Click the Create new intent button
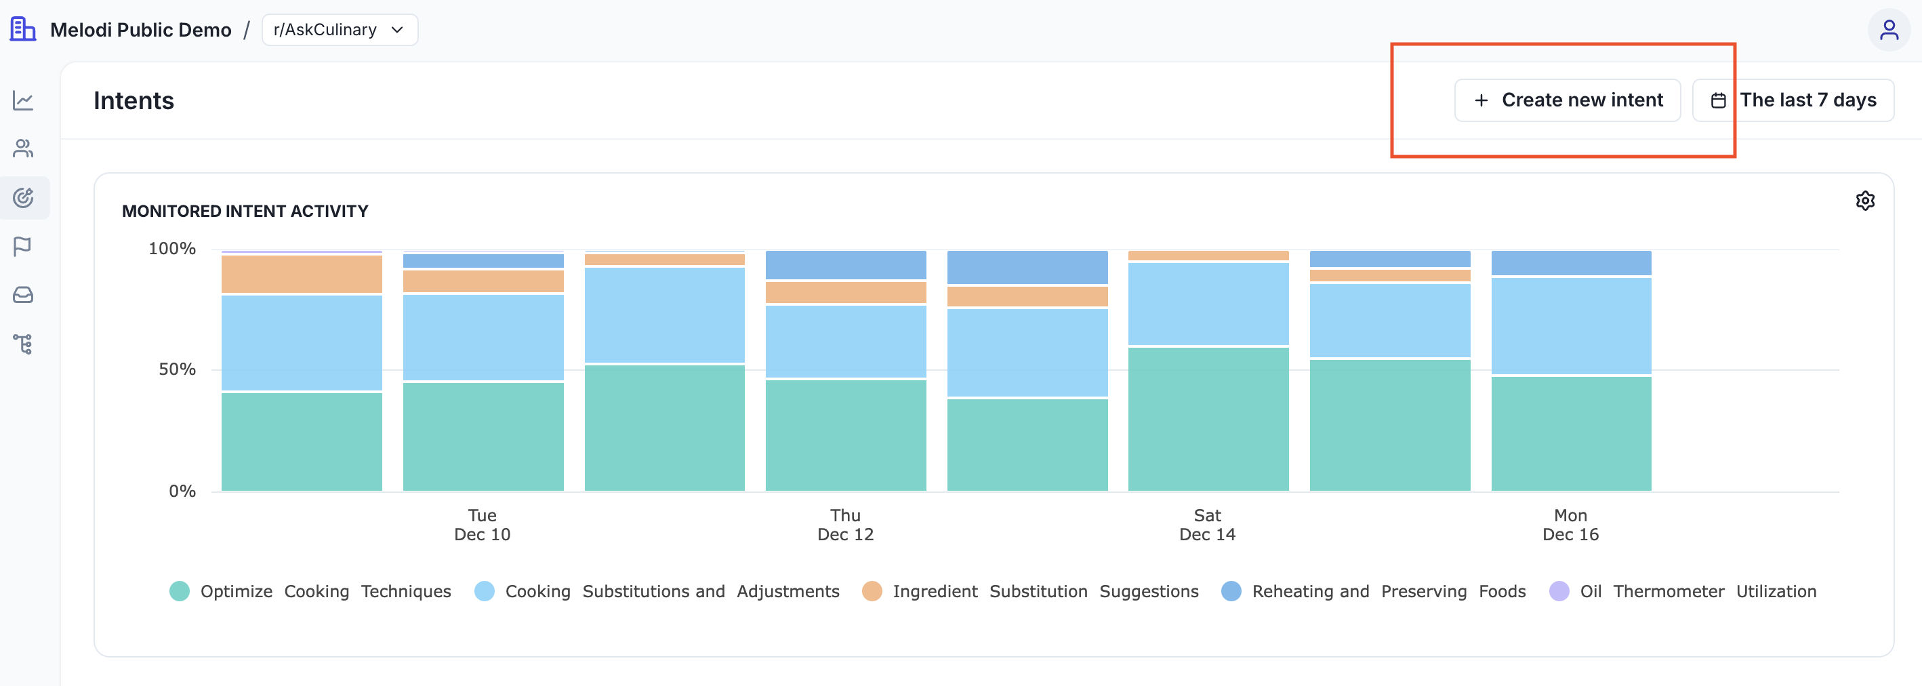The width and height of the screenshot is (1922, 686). [1567, 100]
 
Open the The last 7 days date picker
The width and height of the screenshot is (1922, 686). [1793, 100]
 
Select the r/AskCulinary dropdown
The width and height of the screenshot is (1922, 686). [340, 30]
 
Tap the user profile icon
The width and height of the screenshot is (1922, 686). [1888, 30]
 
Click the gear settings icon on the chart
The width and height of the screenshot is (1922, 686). [1864, 201]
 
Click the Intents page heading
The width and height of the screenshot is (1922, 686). [134, 101]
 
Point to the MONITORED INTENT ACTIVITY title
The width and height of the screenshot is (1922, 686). [245, 211]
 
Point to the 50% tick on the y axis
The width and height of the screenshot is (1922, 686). [177, 369]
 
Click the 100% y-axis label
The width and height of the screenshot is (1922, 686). [171, 249]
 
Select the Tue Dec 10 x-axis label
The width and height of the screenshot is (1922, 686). [482, 525]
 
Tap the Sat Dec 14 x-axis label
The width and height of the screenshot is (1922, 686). [1207, 525]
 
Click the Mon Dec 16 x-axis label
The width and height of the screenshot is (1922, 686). [1570, 525]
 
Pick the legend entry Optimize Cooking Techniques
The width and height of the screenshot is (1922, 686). [310, 591]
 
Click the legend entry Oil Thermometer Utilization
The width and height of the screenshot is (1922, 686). [1683, 591]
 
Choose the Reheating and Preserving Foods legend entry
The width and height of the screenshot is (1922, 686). [1374, 591]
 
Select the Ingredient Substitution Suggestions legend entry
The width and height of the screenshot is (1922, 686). [1030, 591]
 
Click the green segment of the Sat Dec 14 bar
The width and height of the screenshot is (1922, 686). [1208, 419]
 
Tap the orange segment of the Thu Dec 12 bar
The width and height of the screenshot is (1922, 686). [845, 293]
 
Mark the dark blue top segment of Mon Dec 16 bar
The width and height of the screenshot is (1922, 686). [1570, 263]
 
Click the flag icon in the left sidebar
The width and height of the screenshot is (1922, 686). [22, 246]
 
